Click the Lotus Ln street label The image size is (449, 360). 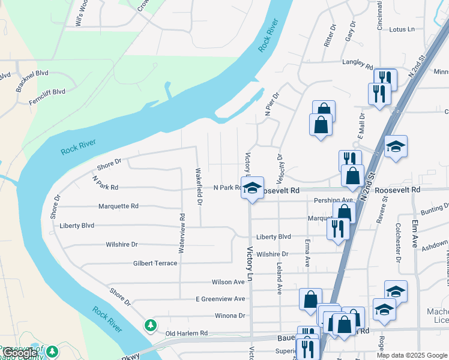402,29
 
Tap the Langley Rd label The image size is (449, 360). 357,62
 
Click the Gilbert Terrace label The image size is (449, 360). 155,263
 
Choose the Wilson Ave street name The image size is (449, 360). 228,282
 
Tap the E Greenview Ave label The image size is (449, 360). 220,299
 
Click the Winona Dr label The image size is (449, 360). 229,316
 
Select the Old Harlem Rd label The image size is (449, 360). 186,333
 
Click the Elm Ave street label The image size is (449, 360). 415,234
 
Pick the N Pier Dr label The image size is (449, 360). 272,104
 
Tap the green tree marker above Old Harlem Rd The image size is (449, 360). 150,325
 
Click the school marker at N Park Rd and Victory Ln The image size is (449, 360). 253,188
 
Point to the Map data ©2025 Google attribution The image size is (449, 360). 412,355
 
